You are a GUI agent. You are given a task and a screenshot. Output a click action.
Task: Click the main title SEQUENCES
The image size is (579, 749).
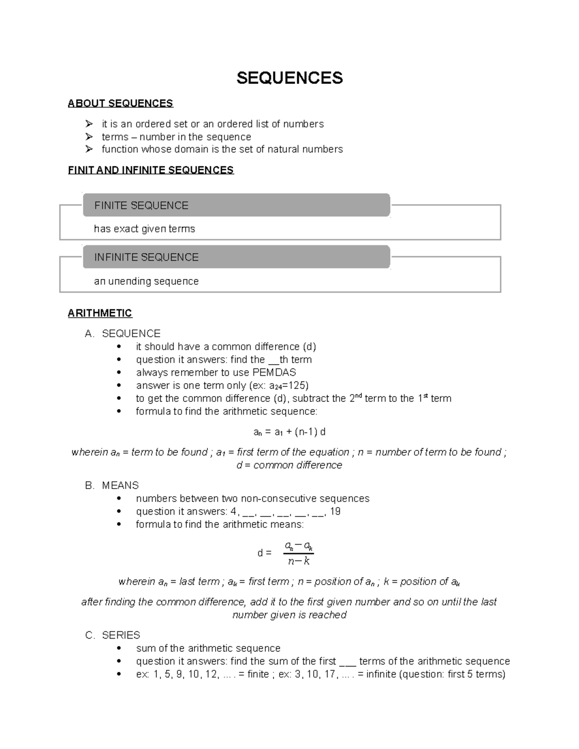289,78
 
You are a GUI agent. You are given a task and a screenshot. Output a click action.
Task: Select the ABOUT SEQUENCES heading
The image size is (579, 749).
120,103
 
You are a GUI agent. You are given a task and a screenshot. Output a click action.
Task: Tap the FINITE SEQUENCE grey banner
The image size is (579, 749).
236,205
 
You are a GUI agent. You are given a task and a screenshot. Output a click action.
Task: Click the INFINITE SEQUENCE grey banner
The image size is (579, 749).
236,257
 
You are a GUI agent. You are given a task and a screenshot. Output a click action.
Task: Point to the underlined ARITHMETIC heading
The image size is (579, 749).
100,313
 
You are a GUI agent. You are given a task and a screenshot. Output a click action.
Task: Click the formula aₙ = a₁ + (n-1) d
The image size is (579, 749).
289,432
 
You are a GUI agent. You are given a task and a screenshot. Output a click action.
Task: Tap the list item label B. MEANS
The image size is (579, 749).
112,485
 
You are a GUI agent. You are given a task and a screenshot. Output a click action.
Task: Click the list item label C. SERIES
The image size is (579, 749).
113,635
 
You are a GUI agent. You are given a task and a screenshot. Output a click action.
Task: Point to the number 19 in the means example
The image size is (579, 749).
335,511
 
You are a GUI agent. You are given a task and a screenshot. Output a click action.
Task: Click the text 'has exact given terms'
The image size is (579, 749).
144,229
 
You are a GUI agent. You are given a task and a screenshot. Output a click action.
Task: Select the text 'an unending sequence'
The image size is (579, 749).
146,281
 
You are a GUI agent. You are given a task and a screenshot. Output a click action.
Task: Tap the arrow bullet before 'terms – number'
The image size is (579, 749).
89,137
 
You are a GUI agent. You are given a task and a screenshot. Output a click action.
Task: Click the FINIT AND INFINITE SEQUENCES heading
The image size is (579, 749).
151,170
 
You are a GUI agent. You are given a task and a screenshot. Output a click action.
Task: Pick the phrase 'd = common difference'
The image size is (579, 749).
289,465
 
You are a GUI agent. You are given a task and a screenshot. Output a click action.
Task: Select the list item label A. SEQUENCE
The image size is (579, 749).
123,333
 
